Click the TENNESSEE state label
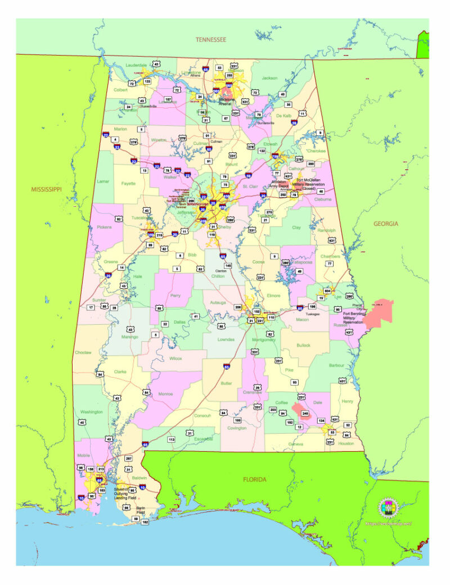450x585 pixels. [x=210, y=39]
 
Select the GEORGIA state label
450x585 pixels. [x=386, y=224]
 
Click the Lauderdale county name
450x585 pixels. [x=136, y=65]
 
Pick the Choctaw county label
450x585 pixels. [x=82, y=353]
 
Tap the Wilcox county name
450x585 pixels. [x=175, y=358]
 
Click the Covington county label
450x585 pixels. [x=237, y=428]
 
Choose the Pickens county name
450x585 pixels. [x=104, y=228]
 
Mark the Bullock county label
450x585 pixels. [x=303, y=344]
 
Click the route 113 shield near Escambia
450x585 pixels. [x=172, y=439]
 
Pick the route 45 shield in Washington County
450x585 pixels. [x=82, y=422]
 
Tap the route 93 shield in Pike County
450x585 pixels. [x=294, y=382]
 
